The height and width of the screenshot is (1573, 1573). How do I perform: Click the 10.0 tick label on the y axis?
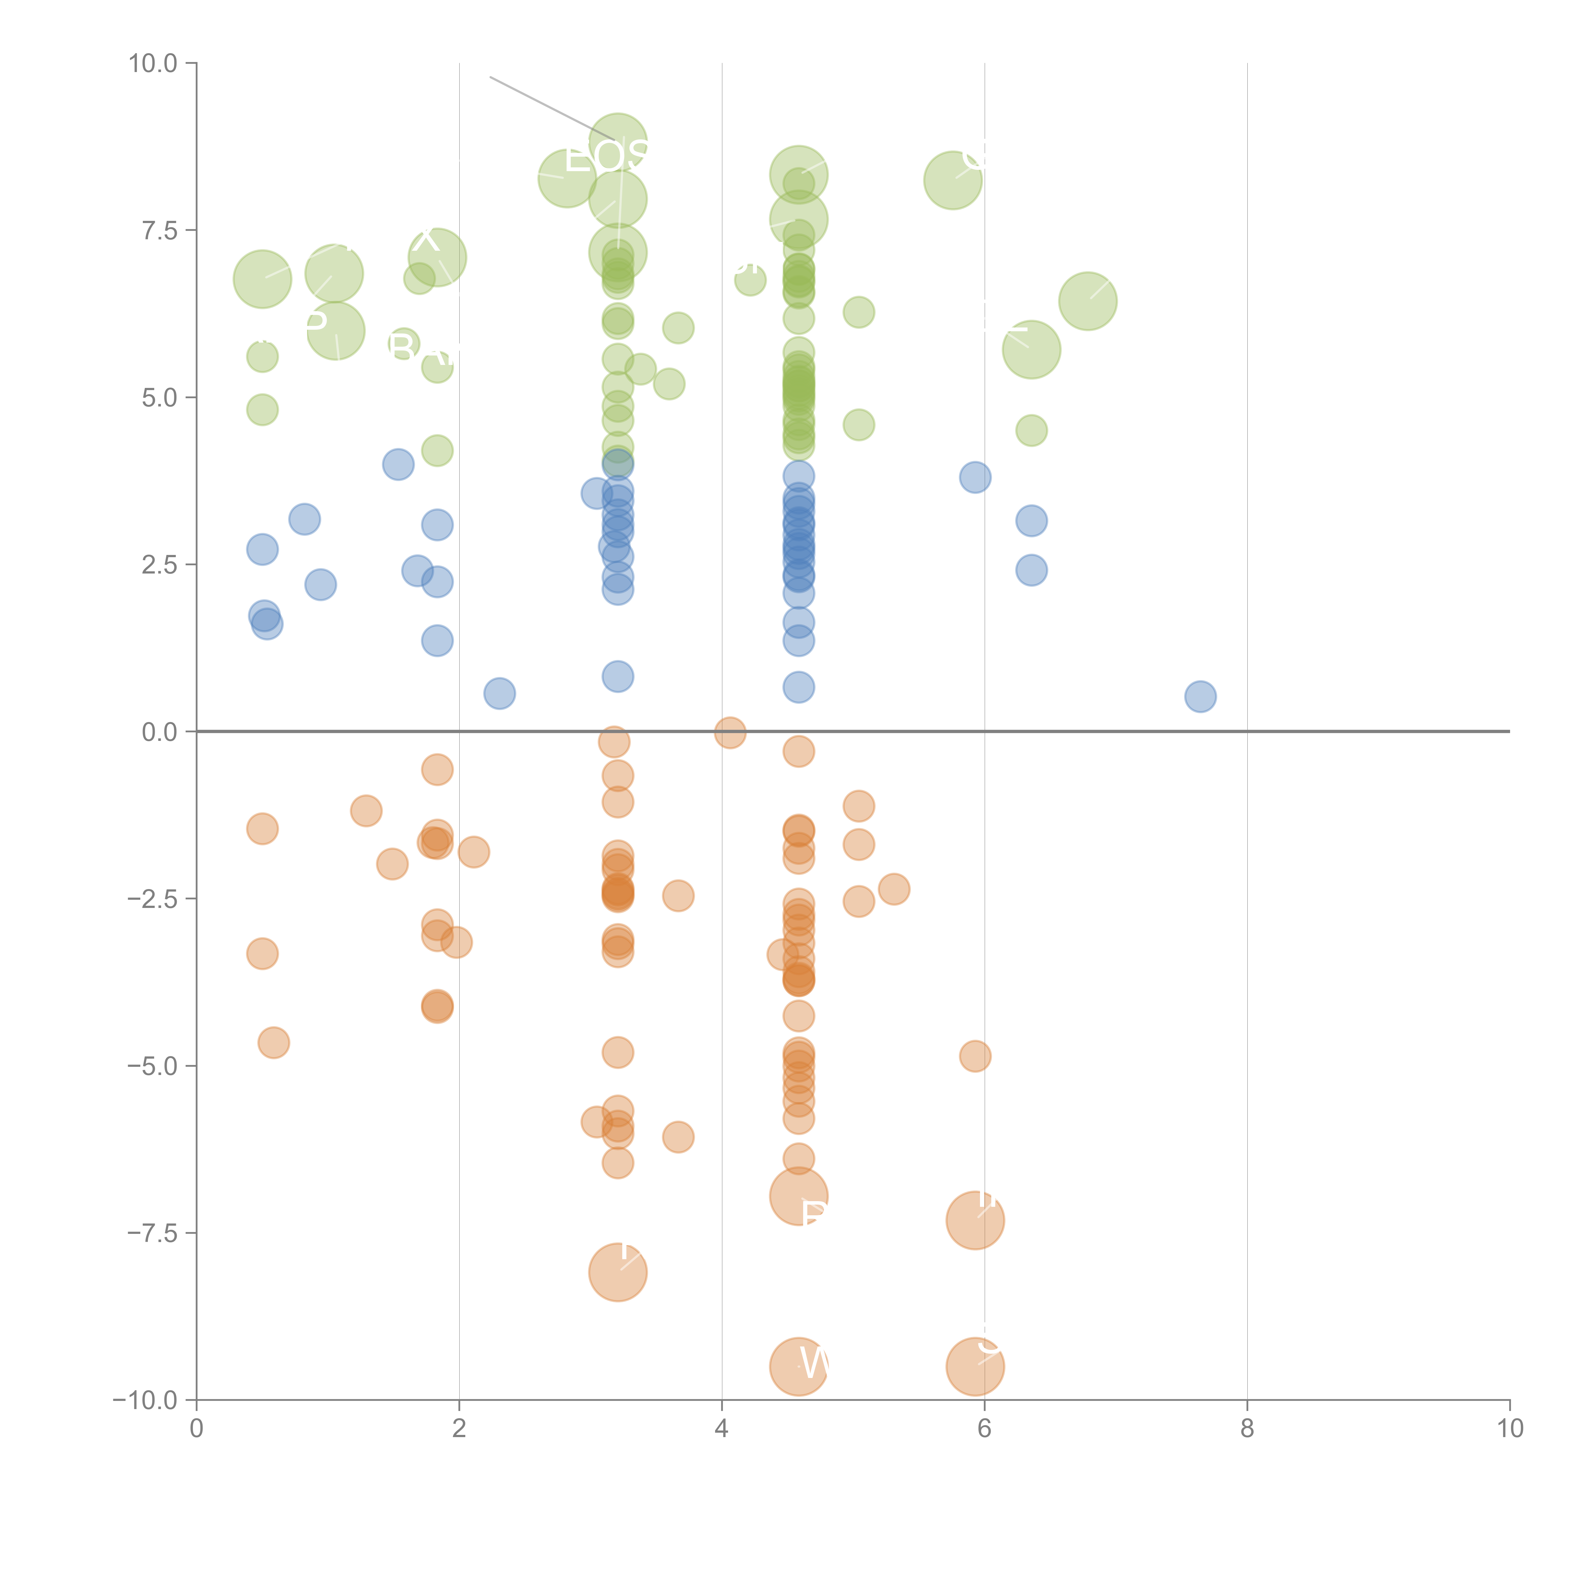tap(153, 64)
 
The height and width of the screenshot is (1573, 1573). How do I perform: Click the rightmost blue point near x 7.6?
tap(1200, 696)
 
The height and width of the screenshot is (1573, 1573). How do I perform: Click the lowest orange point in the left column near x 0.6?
tap(274, 1042)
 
